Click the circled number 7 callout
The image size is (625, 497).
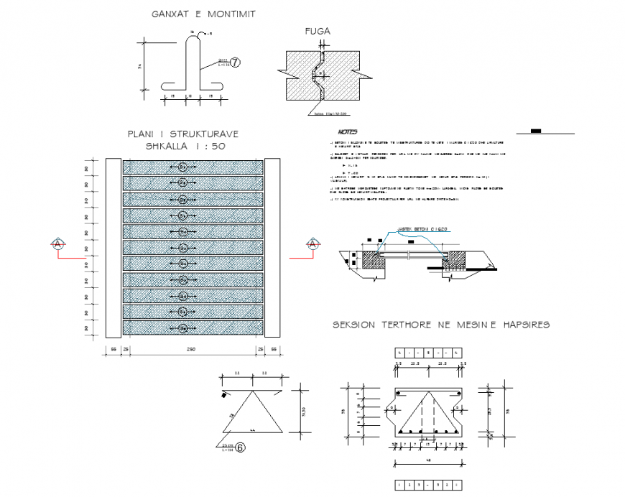click(x=235, y=63)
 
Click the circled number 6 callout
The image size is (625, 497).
click(x=241, y=447)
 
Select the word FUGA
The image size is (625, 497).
click(x=318, y=31)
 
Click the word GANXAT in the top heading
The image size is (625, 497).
click(x=169, y=14)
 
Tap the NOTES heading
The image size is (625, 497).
click(x=348, y=132)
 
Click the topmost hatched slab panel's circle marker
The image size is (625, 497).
click(x=183, y=167)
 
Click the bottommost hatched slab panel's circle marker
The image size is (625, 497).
click(x=183, y=328)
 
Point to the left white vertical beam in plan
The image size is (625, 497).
click(x=114, y=248)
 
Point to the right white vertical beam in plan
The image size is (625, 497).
click(x=271, y=248)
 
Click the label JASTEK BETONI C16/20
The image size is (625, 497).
click(x=425, y=228)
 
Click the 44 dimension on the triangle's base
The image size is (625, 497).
click(x=253, y=428)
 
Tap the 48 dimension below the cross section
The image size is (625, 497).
click(x=427, y=459)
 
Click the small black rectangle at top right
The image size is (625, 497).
click(x=537, y=131)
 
